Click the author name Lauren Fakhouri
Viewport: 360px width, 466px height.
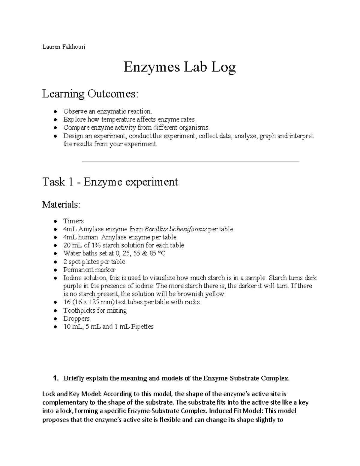[x=64, y=47]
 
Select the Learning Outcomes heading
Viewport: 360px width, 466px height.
[x=90, y=94]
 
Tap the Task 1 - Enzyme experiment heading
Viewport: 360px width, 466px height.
[x=110, y=182]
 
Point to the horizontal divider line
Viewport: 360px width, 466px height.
[x=190, y=162]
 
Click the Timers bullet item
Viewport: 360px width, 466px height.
[x=73, y=221]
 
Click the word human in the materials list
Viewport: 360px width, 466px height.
[x=88, y=237]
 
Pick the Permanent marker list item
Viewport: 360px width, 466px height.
[x=89, y=270]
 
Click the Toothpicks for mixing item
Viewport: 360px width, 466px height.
[x=95, y=311]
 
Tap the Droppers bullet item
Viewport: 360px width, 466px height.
[x=76, y=319]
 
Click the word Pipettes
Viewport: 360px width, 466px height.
[x=142, y=327]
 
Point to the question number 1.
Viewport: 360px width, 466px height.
[x=55, y=378]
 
